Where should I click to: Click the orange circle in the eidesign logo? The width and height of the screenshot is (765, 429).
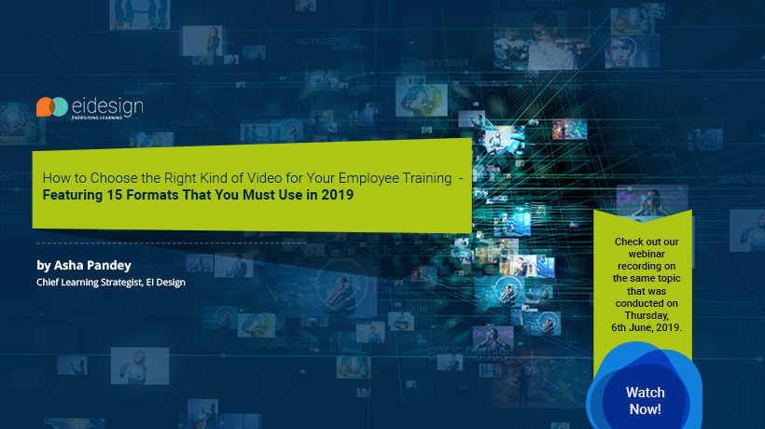tap(44, 107)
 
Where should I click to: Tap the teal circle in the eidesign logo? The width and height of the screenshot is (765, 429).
tap(60, 107)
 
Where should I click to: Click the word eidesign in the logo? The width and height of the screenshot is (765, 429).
tap(107, 106)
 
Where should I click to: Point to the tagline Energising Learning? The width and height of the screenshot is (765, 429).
tap(97, 118)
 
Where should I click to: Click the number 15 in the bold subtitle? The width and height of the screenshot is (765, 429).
tap(114, 195)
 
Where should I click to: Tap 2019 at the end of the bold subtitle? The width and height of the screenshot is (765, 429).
tap(337, 195)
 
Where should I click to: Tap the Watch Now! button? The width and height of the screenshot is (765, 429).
tap(645, 400)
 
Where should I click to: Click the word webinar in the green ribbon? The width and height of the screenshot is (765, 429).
tap(647, 254)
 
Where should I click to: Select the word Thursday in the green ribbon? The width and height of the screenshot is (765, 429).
tap(647, 316)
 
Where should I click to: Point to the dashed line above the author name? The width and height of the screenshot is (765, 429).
tap(172, 242)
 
